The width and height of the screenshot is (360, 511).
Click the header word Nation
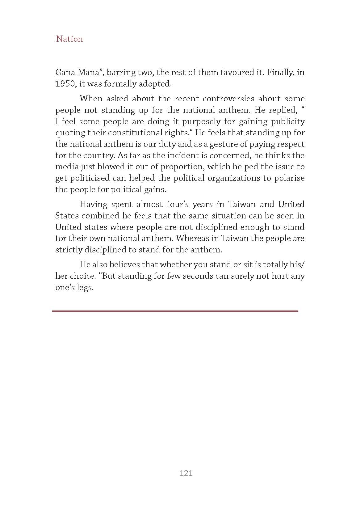point(69,39)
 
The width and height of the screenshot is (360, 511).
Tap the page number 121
point(186,473)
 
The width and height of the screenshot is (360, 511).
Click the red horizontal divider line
point(175,311)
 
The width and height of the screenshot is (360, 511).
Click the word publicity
point(288,121)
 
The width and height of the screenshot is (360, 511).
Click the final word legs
point(85,288)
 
